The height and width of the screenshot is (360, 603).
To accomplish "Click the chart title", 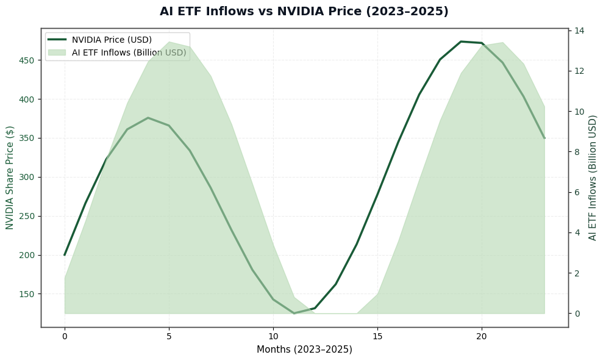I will click(x=304, y=12).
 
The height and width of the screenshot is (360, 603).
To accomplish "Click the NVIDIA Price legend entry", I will click(x=112, y=40).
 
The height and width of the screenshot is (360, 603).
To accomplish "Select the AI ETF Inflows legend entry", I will click(x=129, y=52).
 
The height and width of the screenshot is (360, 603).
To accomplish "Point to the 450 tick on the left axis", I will click(x=27, y=60).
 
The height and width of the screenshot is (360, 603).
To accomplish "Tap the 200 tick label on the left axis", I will click(x=27, y=255).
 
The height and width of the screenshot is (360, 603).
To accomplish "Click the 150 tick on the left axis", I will click(x=27, y=294).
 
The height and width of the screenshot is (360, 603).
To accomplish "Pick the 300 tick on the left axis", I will click(x=27, y=177).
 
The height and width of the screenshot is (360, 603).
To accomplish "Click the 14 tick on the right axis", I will click(x=579, y=31).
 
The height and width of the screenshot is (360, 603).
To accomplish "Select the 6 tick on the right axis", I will click(x=577, y=192).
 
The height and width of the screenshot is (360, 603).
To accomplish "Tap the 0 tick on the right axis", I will click(x=577, y=314).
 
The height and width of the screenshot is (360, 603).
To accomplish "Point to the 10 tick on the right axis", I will click(x=579, y=112).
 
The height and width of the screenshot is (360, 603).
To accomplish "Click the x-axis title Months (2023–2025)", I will click(x=304, y=350).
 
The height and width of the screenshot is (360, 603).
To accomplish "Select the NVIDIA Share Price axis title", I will click(x=10, y=178).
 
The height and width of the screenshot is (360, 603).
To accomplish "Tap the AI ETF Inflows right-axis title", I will click(x=593, y=178).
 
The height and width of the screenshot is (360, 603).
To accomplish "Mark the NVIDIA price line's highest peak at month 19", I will click(x=461, y=41).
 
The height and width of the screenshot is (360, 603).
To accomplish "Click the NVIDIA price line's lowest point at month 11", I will click(x=294, y=314).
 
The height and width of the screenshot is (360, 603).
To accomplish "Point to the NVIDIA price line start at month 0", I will click(x=65, y=255).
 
